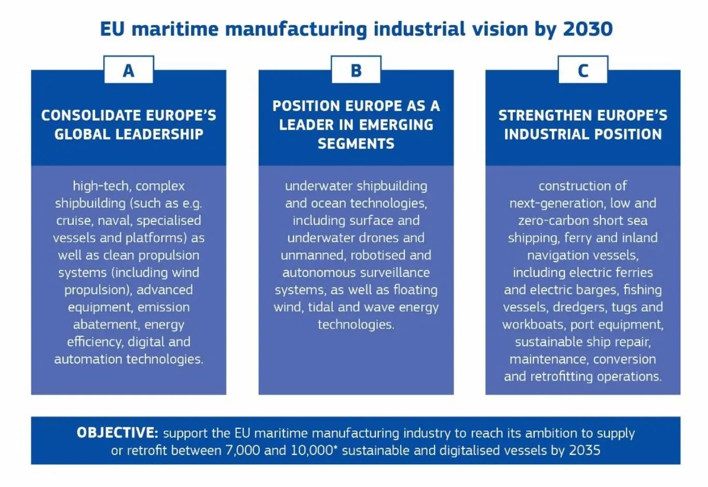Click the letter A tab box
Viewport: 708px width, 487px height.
pos(129,70)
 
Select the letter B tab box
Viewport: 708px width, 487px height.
pos(356,70)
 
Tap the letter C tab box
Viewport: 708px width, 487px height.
pos(583,70)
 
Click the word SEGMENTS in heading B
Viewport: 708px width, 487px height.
pos(356,144)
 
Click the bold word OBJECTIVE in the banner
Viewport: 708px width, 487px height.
pos(117,432)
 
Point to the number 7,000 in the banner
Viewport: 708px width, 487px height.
pos(242,450)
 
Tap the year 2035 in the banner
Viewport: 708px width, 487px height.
pos(584,450)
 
